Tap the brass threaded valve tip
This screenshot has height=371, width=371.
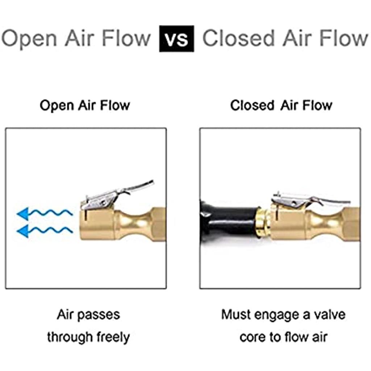tap(262, 221)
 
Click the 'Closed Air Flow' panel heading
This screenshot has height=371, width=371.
tap(281, 105)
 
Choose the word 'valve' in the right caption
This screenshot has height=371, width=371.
tap(329, 314)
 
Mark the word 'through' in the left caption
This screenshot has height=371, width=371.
tap(70, 337)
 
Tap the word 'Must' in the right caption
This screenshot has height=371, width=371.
tap(236, 314)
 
